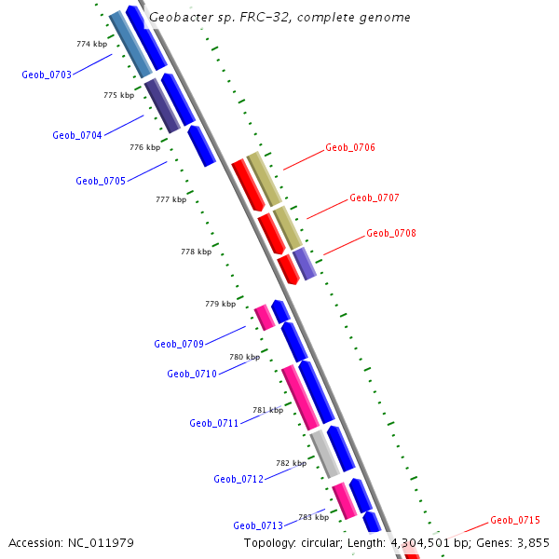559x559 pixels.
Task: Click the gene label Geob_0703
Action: click(x=47, y=75)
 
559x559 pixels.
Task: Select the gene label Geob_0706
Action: click(x=350, y=148)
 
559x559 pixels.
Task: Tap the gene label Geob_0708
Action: click(x=391, y=234)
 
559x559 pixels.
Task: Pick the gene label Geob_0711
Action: click(x=214, y=423)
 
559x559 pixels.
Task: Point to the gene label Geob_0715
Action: click(x=515, y=520)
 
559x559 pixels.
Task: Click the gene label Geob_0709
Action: click(x=179, y=344)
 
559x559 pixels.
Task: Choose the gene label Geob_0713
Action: click(x=258, y=525)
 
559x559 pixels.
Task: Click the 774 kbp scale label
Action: click(x=91, y=44)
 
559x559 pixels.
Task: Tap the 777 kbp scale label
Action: click(x=170, y=199)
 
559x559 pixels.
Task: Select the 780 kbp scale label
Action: click(x=244, y=357)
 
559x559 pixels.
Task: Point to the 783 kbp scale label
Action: click(x=313, y=517)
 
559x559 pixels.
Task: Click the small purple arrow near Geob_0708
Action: click(x=305, y=264)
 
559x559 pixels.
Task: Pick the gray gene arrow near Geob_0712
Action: click(x=325, y=454)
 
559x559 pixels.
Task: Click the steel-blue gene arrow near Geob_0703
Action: click(x=130, y=45)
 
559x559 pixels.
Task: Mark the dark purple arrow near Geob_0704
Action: click(x=162, y=105)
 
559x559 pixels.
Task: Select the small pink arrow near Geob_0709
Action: click(x=265, y=317)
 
